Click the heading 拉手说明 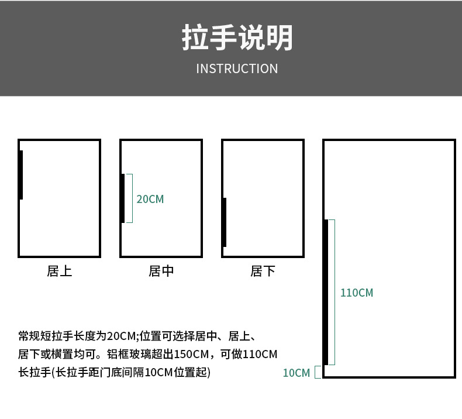pos(237,38)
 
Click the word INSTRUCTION pos(237,69)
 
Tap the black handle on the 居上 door pos(21,175)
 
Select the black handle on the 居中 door pos(123,198)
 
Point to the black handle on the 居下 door pos(224,222)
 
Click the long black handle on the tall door pos(326,292)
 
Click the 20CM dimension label pos(150,200)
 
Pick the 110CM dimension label pos(357,293)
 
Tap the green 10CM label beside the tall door pos(296,373)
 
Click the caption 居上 pos(59,272)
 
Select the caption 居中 pos(161,272)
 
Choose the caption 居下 pos(263,272)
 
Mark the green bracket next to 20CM pos(130,198)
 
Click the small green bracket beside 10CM pos(318,372)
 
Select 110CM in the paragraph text pos(260,354)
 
